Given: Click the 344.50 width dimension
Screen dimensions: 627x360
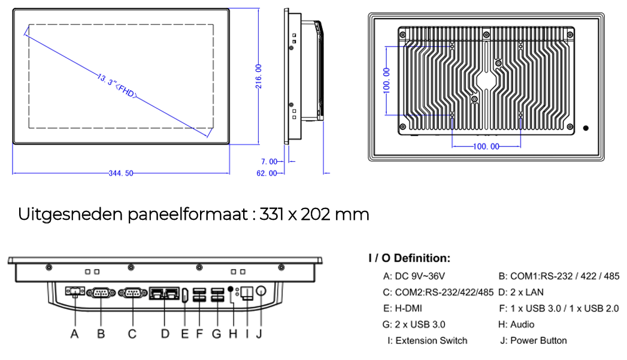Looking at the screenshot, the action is (121, 173).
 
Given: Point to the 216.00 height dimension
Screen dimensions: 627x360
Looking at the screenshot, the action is (259, 76).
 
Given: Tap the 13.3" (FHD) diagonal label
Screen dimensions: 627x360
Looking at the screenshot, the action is (117, 86).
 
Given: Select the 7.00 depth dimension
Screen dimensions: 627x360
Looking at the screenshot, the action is (269, 162).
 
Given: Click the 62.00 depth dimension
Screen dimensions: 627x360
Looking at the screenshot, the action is (266, 173).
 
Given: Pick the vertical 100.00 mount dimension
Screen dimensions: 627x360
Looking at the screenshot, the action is (386, 80).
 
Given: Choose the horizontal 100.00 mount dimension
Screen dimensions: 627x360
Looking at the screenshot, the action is (486, 146).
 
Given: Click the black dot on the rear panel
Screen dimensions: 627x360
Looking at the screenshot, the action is (586, 128).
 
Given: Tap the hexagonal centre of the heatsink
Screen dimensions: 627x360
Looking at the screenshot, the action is (486, 80).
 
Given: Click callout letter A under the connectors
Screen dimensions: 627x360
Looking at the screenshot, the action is (74, 334).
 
